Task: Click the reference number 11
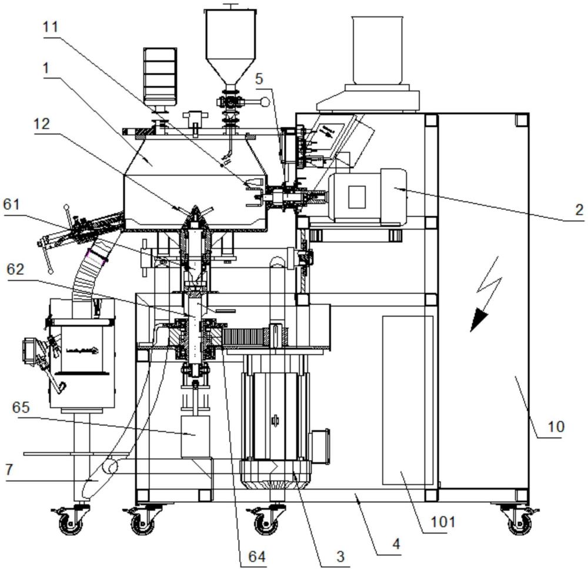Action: click(51, 27)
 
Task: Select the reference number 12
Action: click(41, 123)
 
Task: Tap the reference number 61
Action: click(11, 204)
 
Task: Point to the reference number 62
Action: click(15, 270)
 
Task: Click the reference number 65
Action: click(21, 407)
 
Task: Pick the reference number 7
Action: click(9, 469)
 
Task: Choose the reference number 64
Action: click(258, 556)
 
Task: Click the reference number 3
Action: click(340, 556)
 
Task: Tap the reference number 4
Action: click(396, 543)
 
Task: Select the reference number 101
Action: click(443, 522)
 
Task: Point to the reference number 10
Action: click(556, 426)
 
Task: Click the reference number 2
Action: click(579, 210)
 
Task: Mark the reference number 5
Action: click(259, 79)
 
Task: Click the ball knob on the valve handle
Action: click(265, 102)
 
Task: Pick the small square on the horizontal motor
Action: click(357, 197)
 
